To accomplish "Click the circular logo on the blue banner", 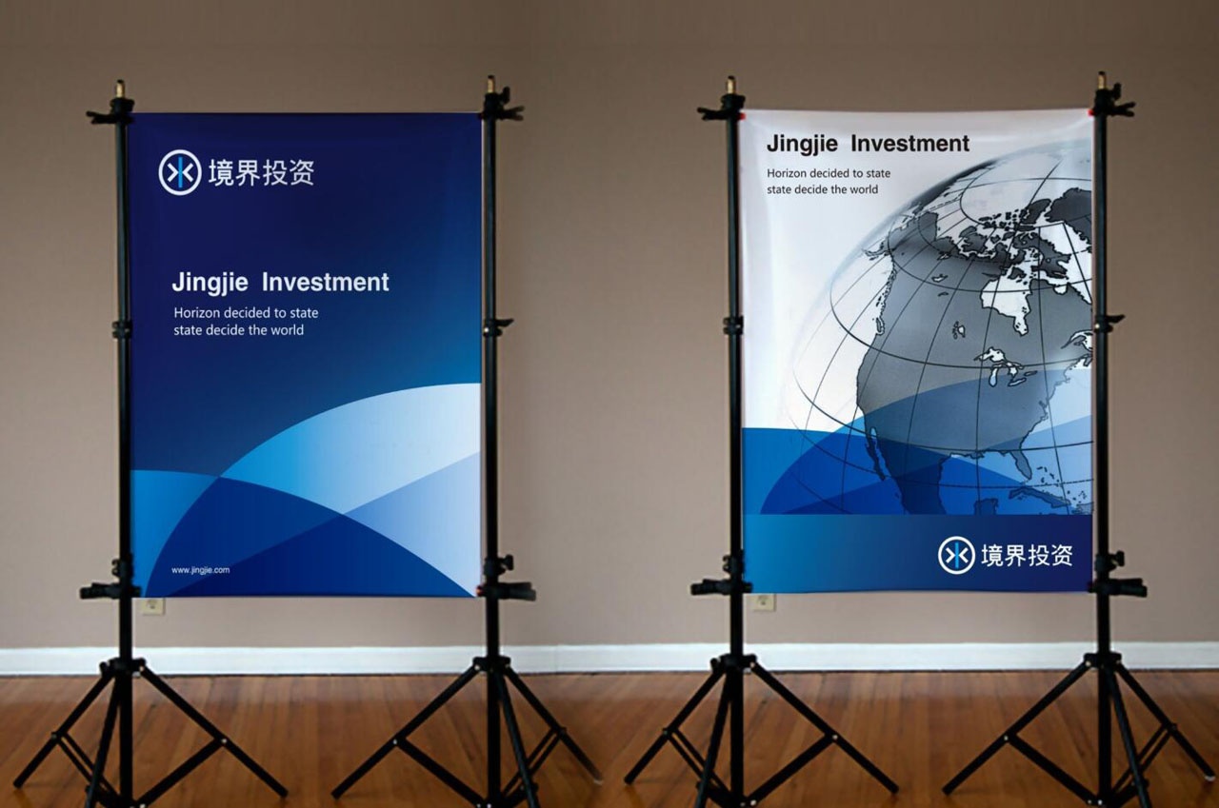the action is point(180,172).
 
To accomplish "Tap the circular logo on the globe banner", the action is point(956,555).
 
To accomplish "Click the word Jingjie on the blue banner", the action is point(210,283).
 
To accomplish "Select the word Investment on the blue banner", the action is point(326,283).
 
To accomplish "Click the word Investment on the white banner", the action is point(909,144).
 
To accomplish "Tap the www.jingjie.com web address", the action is point(200,570).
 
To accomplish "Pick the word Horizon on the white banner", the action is point(786,173).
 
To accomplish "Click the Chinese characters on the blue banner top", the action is point(261,173).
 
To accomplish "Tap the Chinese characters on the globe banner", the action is point(1027,555).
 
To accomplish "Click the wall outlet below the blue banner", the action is point(151,605).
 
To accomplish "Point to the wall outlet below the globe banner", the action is point(764,601).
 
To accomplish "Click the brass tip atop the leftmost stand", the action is point(120,89).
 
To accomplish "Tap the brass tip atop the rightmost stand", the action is point(1102,81).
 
